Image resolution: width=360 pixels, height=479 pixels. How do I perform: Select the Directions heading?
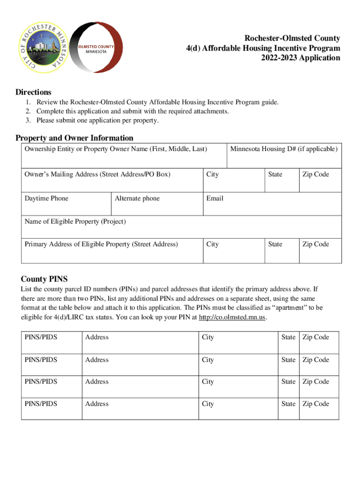pyautogui.click(x=33, y=92)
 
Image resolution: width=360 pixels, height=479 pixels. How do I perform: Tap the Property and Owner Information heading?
pyautogui.click(x=74, y=138)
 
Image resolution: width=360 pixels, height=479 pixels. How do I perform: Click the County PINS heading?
pyautogui.click(x=44, y=279)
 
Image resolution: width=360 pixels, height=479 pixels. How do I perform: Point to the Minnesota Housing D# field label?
pyautogui.click(x=283, y=149)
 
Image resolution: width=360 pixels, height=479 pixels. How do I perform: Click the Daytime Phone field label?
pyautogui.click(x=46, y=198)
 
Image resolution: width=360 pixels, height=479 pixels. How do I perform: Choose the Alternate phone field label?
pyautogui.click(x=137, y=198)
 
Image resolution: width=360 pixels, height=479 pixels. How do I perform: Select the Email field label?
pyautogui.click(x=215, y=198)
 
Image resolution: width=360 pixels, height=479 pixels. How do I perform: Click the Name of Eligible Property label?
pyautogui.click(x=75, y=221)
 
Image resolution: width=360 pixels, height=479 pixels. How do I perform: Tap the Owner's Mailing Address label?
pyautogui.click(x=97, y=174)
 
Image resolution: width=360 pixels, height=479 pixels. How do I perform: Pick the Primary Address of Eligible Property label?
pyautogui.click(x=101, y=244)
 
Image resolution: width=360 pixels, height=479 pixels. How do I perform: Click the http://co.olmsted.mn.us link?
pyautogui.click(x=232, y=318)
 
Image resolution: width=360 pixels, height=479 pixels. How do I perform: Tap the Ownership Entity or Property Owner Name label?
pyautogui.click(x=115, y=149)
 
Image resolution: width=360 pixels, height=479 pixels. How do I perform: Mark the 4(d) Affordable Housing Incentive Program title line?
pyautogui.click(x=261, y=48)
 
